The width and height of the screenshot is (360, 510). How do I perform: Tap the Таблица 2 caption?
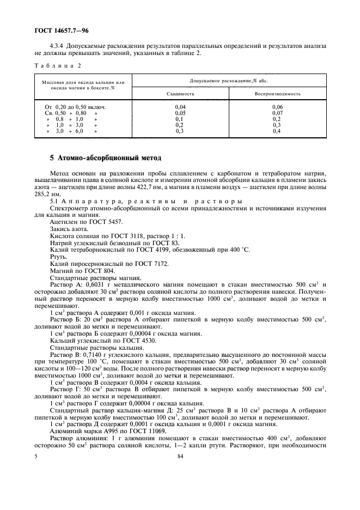click(54, 65)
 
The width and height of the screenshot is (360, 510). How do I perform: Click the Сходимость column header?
click(180, 94)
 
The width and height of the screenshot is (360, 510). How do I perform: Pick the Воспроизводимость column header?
click(277, 94)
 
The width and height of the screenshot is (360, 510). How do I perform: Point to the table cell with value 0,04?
click(180, 107)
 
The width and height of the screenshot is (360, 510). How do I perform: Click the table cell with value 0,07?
click(277, 113)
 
